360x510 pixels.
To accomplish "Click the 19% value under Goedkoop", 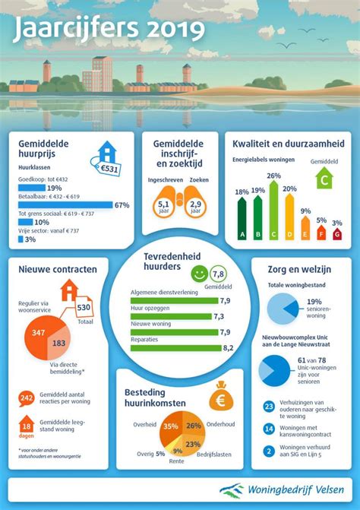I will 54,188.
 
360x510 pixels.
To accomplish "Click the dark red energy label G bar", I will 336,234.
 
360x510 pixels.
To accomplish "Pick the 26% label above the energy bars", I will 274,176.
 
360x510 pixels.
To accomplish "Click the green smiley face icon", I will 198,272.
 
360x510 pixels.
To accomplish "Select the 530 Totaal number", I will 84,307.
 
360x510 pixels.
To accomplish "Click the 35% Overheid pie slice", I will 170,427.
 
